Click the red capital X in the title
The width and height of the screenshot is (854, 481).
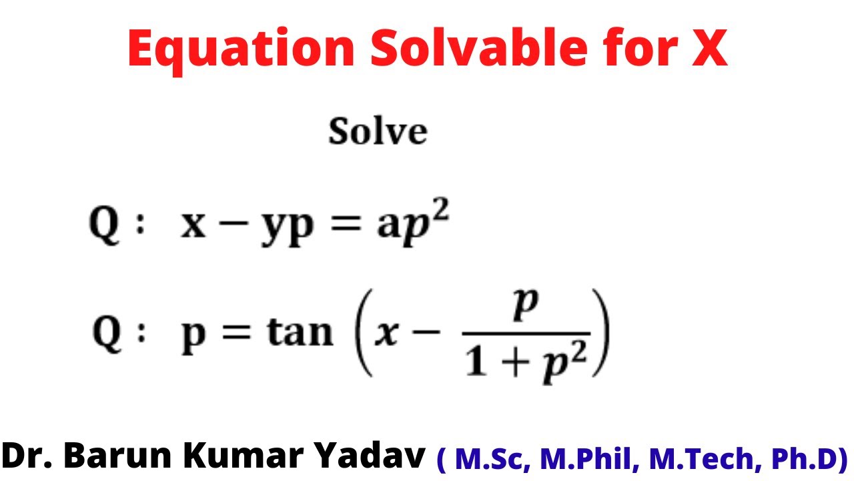(x=707, y=48)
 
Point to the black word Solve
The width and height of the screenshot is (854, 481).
(x=378, y=132)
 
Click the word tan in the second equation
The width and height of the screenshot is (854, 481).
(x=300, y=332)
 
